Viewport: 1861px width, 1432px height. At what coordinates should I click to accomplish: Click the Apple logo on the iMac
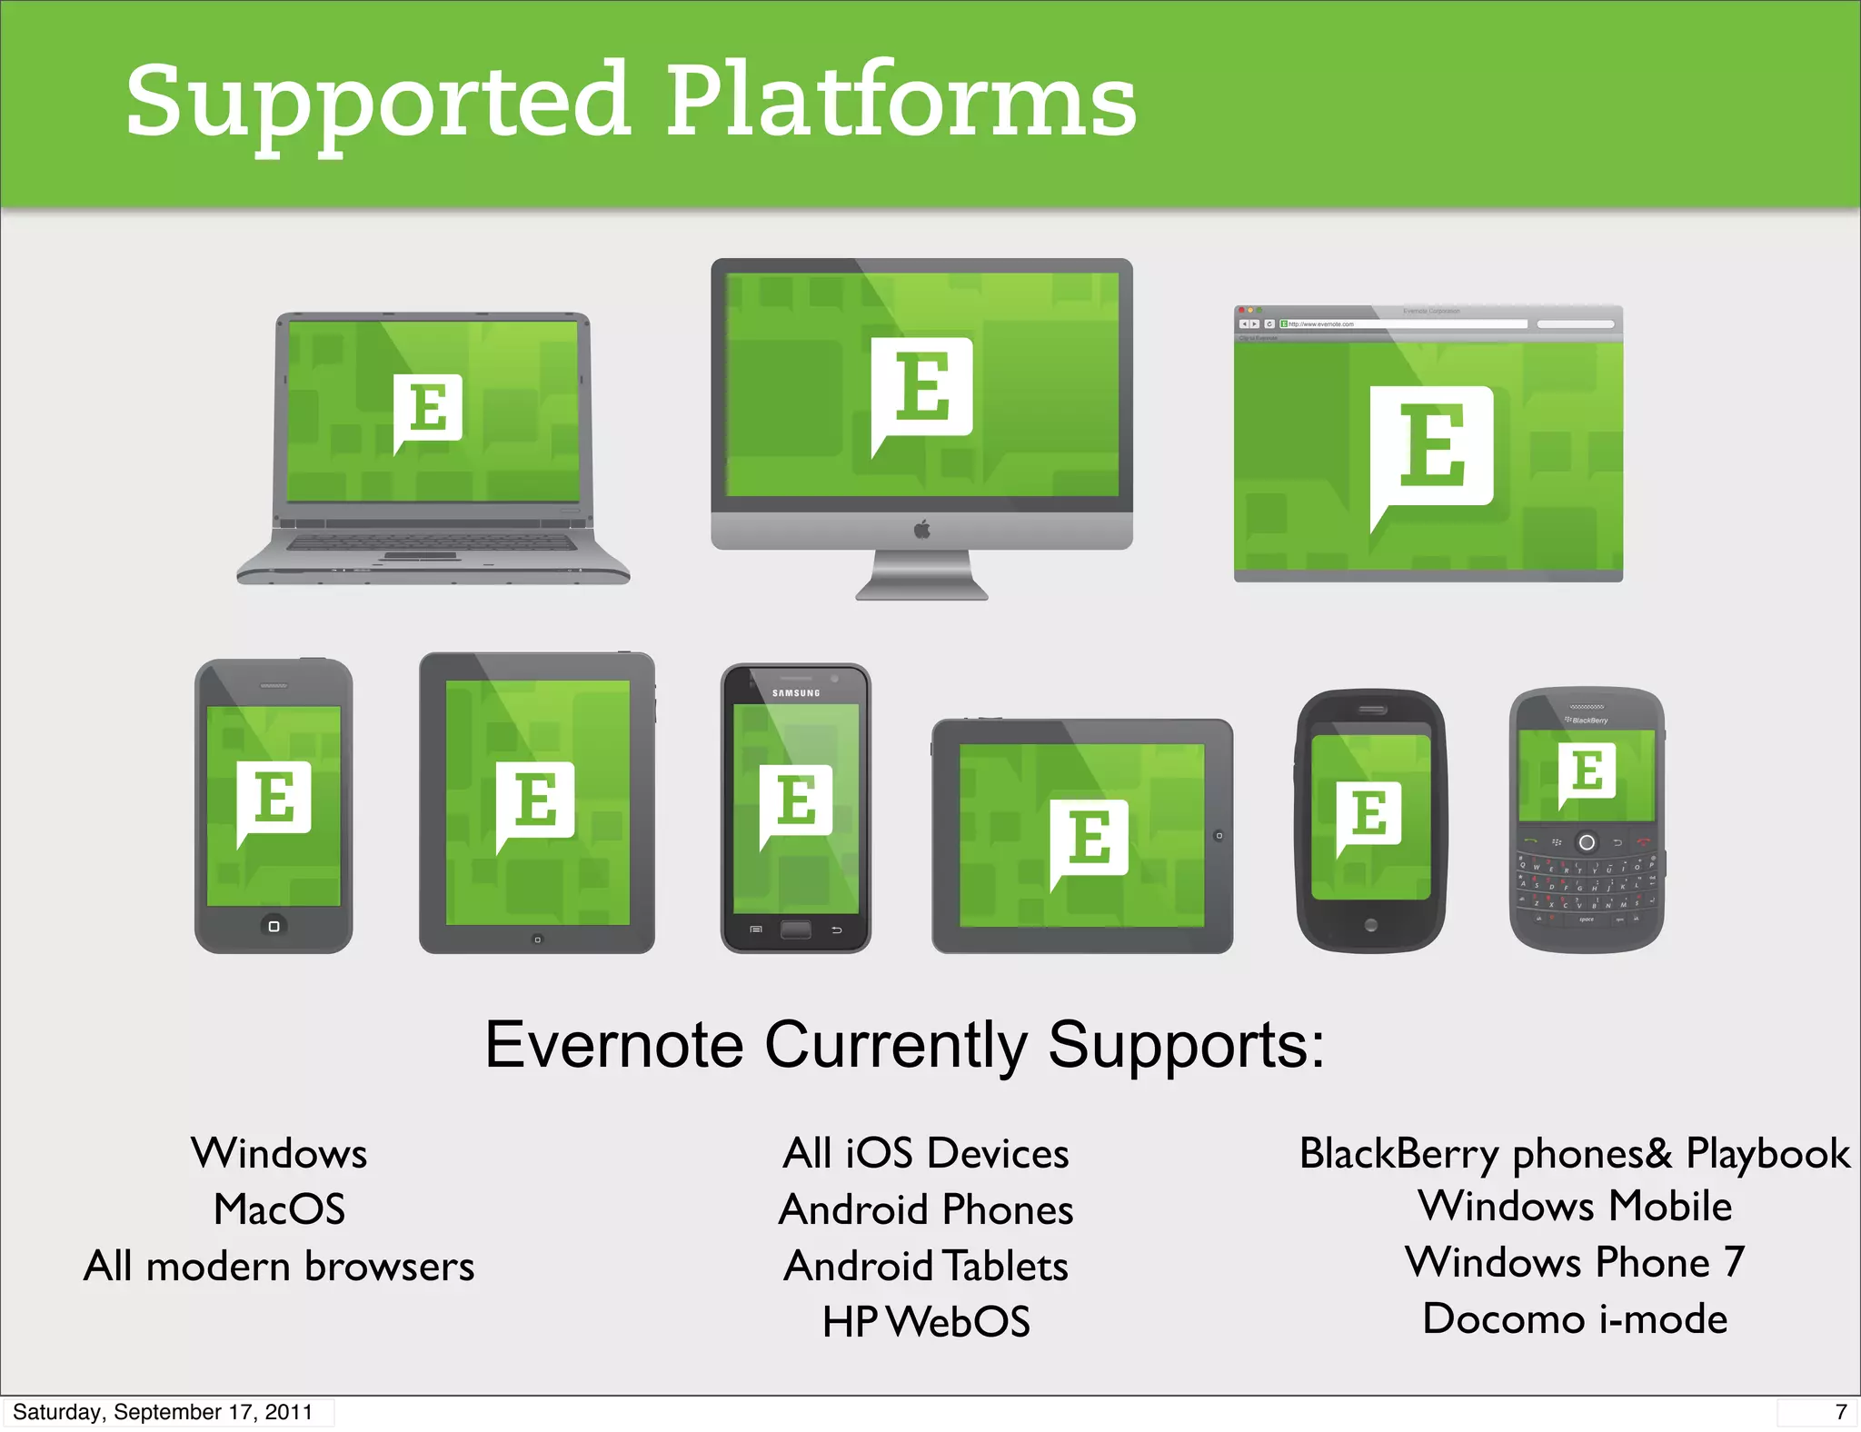coord(921,529)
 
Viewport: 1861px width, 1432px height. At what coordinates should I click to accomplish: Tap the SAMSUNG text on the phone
coord(796,693)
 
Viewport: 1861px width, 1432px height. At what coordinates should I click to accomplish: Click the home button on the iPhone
coord(274,926)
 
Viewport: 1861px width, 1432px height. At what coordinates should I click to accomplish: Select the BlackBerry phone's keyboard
coord(1587,887)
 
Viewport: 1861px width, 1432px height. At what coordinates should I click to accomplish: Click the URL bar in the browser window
coord(1404,324)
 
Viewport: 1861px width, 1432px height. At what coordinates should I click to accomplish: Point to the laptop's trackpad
coord(420,555)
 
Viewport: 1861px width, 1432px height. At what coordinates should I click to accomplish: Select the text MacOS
coord(279,1209)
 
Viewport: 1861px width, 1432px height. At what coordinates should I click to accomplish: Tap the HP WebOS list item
coord(926,1322)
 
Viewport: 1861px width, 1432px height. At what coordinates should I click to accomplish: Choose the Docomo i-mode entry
coord(1575,1318)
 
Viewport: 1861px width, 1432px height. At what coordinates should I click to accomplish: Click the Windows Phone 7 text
coord(1575,1262)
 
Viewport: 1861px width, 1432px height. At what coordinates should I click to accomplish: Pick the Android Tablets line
coord(926,1266)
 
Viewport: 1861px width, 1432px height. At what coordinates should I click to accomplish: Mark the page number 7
coord(1840,1412)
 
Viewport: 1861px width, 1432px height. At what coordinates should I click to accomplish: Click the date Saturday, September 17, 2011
coord(163,1412)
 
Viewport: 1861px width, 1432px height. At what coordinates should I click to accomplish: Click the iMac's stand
coord(921,577)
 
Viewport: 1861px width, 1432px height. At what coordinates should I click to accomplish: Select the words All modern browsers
coord(279,1266)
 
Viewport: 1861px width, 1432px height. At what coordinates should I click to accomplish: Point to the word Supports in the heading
coord(1186,1045)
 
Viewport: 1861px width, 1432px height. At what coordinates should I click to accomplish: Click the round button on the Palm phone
coord(1370,925)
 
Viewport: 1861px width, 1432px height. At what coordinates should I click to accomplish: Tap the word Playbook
coord(1767,1153)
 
